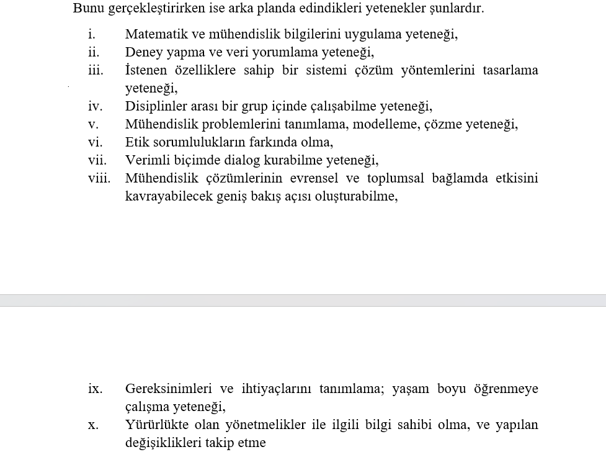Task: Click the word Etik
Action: pos(136,142)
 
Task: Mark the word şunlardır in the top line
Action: pos(455,9)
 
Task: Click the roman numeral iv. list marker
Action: pos(95,106)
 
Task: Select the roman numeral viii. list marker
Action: pos(99,178)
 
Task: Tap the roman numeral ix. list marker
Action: pos(95,389)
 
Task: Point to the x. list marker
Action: pos(92,425)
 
